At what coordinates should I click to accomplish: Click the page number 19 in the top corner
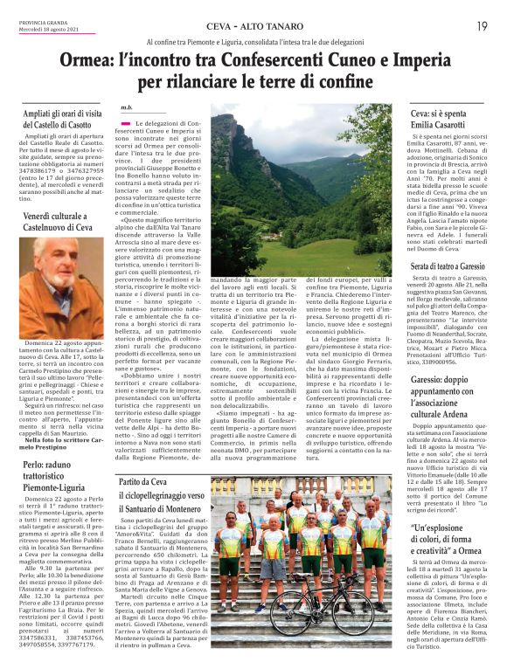(x=482, y=26)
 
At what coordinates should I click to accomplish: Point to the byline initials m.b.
(x=128, y=107)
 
